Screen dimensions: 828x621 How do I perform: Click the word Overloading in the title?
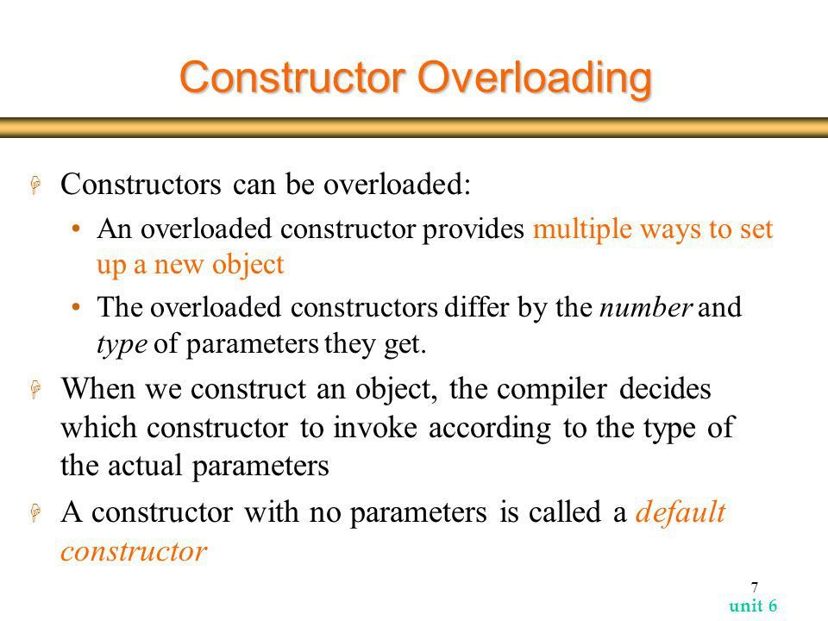tap(535, 79)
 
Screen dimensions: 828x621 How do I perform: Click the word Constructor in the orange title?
tap(292, 77)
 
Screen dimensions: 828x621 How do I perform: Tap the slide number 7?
tap(755, 586)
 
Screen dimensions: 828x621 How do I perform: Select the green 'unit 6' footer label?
tap(753, 605)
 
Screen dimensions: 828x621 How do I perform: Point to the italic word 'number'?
tap(645, 307)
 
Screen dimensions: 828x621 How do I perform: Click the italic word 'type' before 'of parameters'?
tap(122, 345)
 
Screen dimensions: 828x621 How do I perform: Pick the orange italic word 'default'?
tap(681, 511)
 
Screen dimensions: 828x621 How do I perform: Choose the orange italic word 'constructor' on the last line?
tap(134, 552)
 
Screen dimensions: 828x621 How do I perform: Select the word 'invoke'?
tap(375, 427)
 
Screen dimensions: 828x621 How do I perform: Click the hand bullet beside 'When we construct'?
tap(36, 389)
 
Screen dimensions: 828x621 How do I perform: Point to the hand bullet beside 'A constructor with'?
tap(36, 512)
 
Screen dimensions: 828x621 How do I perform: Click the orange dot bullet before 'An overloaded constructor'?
tap(77, 229)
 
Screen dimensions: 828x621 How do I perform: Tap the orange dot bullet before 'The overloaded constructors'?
tap(77, 307)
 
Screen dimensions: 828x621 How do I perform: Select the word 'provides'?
tap(474, 230)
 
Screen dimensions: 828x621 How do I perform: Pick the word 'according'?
tap(490, 429)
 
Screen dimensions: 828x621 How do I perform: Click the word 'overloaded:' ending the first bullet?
tap(397, 185)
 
